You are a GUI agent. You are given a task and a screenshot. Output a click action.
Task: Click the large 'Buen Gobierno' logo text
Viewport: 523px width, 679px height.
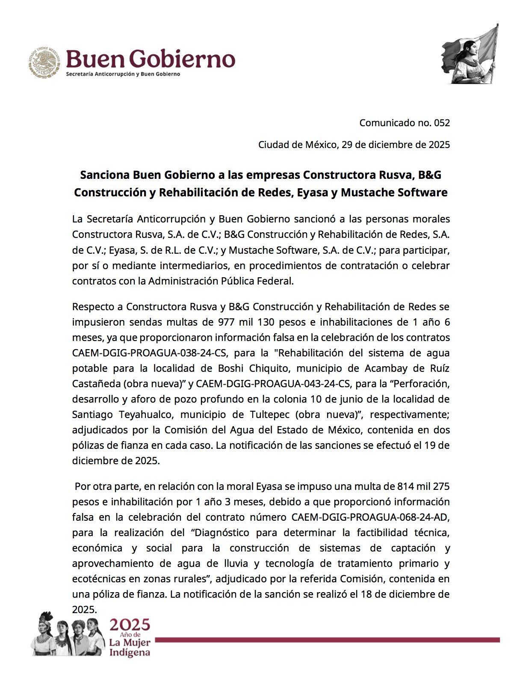click(150, 59)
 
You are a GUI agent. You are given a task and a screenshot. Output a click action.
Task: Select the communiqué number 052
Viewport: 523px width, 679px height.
click(442, 123)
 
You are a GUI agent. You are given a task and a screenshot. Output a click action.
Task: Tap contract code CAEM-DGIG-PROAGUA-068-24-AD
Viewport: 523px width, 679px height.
click(371, 517)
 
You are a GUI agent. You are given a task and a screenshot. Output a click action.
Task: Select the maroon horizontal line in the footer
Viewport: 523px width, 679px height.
click(327, 640)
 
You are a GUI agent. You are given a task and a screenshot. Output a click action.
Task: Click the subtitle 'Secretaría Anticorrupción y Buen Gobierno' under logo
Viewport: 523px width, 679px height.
click(123, 74)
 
